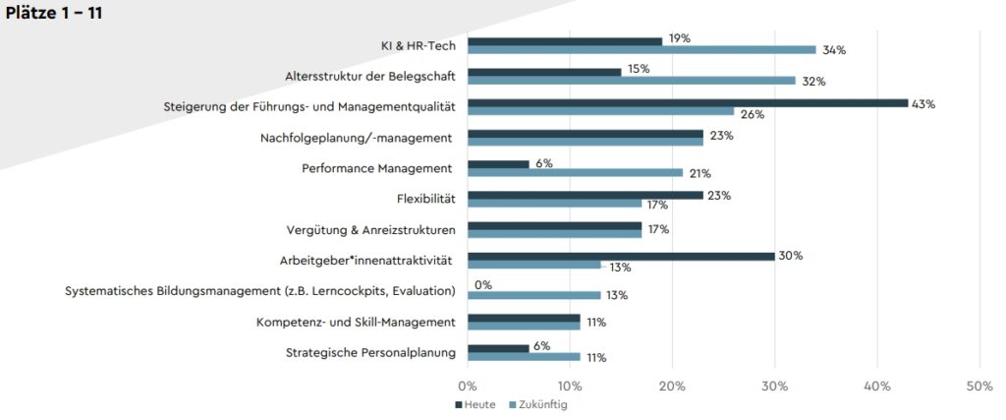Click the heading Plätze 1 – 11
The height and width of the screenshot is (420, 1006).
tap(54, 13)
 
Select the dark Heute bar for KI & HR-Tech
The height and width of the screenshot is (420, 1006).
tap(565, 41)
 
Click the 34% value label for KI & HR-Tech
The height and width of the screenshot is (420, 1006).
tap(834, 50)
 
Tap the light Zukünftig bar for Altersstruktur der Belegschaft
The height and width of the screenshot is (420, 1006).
tap(631, 81)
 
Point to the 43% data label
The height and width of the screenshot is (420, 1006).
tap(922, 103)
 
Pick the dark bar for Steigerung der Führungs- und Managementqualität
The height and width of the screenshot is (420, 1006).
tap(687, 102)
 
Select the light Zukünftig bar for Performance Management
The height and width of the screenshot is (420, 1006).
tap(575, 173)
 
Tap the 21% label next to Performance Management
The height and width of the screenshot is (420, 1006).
tap(700, 174)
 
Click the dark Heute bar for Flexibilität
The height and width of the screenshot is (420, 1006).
tap(585, 196)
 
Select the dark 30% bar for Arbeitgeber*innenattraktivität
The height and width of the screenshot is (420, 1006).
tap(621, 256)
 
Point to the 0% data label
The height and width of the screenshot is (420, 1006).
tap(482, 285)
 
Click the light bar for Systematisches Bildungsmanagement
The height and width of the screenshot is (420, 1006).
tap(533, 295)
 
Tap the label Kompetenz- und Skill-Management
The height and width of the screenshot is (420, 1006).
tap(355, 322)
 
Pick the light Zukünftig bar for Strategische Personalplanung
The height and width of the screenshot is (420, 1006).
tap(524, 356)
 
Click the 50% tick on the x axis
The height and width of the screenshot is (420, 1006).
tap(978, 386)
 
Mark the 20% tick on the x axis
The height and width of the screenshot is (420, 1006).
tap(672, 386)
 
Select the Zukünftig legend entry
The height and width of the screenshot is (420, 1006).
tap(538, 404)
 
